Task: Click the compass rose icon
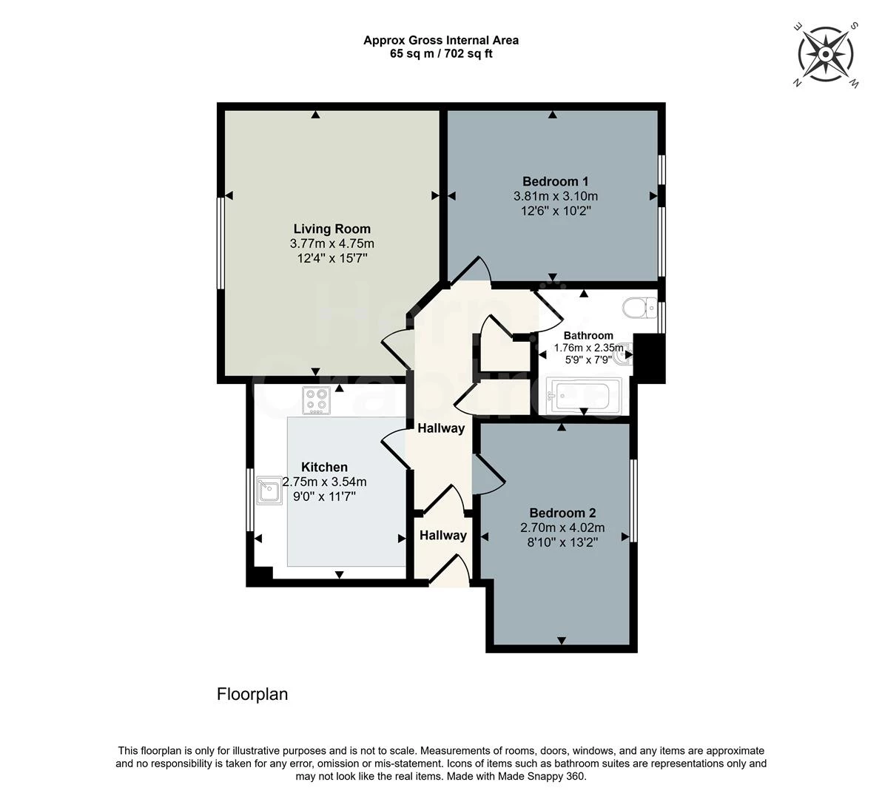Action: [x=825, y=55]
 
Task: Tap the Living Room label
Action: [x=332, y=229]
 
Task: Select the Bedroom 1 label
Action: [x=555, y=181]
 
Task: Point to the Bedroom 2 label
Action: [x=562, y=513]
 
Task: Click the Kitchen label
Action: [x=324, y=468]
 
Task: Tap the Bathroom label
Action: [x=588, y=336]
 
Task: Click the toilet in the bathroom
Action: [x=639, y=308]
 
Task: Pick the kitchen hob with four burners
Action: [x=316, y=400]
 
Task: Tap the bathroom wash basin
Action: [x=625, y=354]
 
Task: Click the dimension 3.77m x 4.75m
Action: [x=332, y=244]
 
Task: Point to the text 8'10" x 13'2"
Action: [x=562, y=542]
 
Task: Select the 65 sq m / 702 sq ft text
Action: [x=441, y=54]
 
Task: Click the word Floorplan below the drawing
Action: [x=252, y=695]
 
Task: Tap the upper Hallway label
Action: [x=441, y=428]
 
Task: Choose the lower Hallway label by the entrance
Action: [x=443, y=536]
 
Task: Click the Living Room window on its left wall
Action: [x=220, y=243]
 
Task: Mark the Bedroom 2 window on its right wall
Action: [x=633, y=500]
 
